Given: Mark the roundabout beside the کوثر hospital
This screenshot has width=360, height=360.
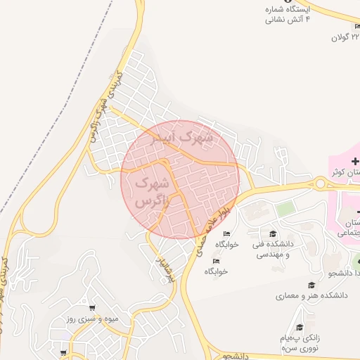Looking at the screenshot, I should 321,184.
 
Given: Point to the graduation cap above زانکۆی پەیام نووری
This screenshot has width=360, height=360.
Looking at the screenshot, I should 300,327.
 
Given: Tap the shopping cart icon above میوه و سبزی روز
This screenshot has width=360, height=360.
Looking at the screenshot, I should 92,307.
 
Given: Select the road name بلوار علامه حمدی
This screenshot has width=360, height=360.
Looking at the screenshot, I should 202,231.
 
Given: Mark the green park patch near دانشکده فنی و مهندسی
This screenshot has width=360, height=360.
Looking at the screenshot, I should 284,209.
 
